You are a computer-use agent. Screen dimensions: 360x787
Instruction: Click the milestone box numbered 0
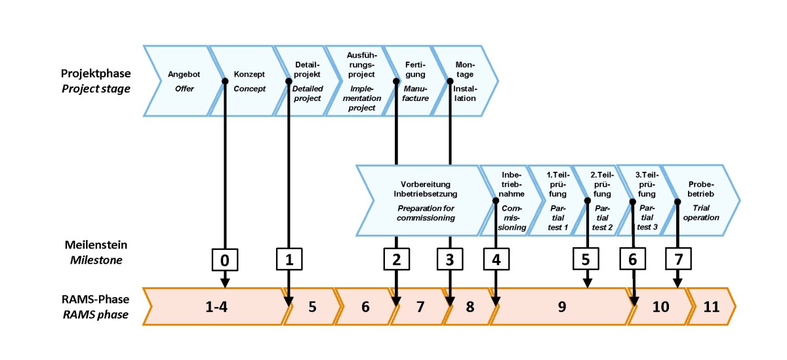[225, 260]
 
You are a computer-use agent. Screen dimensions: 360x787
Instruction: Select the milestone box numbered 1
[288, 260]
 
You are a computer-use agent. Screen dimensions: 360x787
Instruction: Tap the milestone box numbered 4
[496, 260]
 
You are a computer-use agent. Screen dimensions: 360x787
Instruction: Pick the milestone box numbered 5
[586, 260]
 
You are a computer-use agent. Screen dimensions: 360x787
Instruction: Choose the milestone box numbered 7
[678, 260]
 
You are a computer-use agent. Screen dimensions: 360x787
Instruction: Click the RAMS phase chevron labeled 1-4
[216, 306]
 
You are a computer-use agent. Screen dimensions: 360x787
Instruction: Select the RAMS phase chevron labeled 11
[712, 306]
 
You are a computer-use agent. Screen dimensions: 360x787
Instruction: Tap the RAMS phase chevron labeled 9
[561, 306]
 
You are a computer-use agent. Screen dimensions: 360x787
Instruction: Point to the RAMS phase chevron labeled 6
[365, 306]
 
